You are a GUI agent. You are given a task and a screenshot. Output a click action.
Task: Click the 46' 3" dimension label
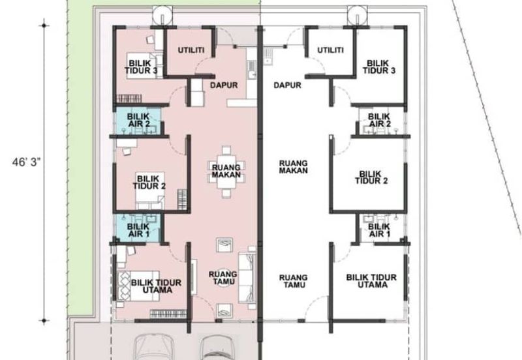point(26,162)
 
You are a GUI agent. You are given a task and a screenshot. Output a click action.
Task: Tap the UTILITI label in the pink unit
point(191,50)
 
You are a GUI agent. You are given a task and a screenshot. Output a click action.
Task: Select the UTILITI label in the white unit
point(330,50)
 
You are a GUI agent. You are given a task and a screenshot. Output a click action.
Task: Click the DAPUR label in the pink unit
point(224,85)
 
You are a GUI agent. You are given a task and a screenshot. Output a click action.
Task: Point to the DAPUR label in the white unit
point(287,85)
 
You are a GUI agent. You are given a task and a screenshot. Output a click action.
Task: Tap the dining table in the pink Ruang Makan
point(226,172)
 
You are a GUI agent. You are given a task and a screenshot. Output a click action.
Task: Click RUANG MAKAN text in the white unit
point(293,167)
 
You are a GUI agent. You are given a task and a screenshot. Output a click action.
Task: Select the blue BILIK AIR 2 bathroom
point(138,121)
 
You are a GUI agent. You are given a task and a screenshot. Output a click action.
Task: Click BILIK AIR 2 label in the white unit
point(379,120)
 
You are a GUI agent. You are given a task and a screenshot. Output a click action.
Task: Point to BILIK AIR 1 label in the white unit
point(379,230)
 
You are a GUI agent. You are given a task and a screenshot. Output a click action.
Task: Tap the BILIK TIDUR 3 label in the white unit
point(379,67)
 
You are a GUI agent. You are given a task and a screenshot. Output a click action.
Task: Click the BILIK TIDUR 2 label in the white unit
point(371,177)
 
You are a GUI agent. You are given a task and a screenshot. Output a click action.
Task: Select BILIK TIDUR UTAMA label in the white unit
point(371,281)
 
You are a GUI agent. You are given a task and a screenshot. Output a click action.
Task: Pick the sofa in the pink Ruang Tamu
point(247,278)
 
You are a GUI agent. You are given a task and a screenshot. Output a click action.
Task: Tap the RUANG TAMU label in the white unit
point(293,281)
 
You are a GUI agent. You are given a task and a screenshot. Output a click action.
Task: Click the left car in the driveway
point(153,347)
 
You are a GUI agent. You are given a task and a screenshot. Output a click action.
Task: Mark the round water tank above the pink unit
point(162,15)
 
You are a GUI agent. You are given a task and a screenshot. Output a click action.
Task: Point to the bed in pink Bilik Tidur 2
point(149,190)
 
